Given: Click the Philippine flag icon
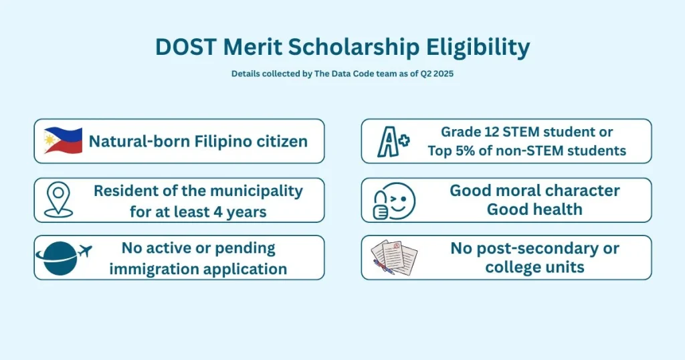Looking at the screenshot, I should click(63, 141).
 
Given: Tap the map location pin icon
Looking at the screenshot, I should click(58, 200).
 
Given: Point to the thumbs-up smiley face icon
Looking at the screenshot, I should click(393, 200).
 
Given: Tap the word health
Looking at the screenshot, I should click(557, 209).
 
